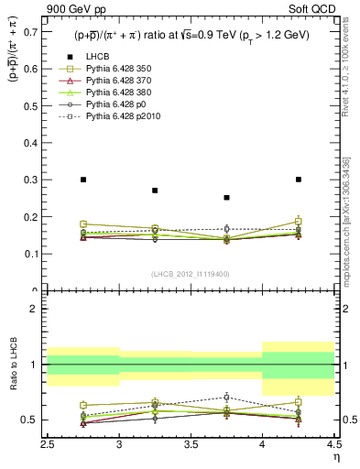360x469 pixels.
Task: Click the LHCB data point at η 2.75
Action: (x=83, y=180)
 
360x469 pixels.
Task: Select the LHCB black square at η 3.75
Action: (x=227, y=197)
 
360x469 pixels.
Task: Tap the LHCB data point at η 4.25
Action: (x=299, y=180)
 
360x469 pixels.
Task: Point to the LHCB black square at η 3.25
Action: (x=155, y=191)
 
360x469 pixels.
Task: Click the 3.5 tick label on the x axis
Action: (x=191, y=448)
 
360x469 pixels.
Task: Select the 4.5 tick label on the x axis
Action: (x=333, y=448)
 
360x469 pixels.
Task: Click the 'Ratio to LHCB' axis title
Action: (x=12, y=365)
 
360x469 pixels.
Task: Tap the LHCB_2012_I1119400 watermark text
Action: (x=191, y=274)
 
